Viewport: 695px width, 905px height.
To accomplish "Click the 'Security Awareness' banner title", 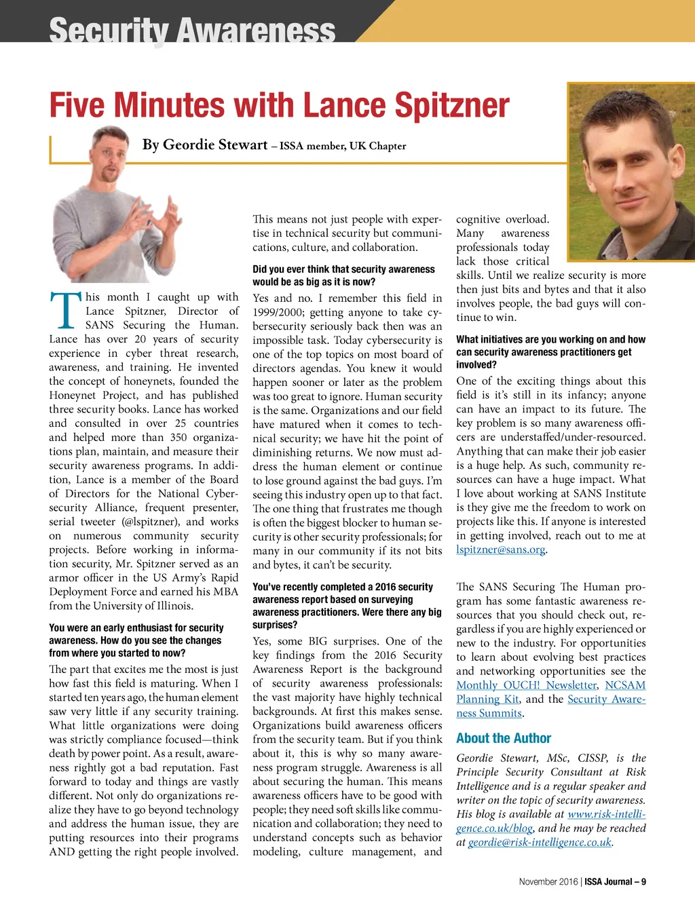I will [x=192, y=31].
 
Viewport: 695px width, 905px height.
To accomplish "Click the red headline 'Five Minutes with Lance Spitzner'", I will [x=279, y=106].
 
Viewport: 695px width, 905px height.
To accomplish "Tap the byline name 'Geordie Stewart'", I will [x=215, y=145].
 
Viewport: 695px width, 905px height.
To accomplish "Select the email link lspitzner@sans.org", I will [x=501, y=550].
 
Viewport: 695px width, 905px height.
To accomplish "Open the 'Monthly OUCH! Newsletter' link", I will [x=527, y=685].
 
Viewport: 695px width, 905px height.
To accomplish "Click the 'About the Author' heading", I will [x=504, y=738].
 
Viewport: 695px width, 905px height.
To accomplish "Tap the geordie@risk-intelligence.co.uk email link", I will [x=540, y=843].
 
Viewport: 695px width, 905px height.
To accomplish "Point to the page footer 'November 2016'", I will [x=548, y=882].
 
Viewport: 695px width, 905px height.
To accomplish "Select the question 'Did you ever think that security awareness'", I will [x=343, y=269].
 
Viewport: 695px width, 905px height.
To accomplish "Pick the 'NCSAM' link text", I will [x=625, y=685].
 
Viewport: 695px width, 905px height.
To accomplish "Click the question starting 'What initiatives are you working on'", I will [x=550, y=339].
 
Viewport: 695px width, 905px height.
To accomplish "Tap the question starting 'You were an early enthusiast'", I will [x=136, y=628].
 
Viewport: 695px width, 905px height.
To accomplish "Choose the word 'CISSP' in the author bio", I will [x=593, y=758].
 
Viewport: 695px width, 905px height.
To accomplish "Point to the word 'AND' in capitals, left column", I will [x=61, y=852].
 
